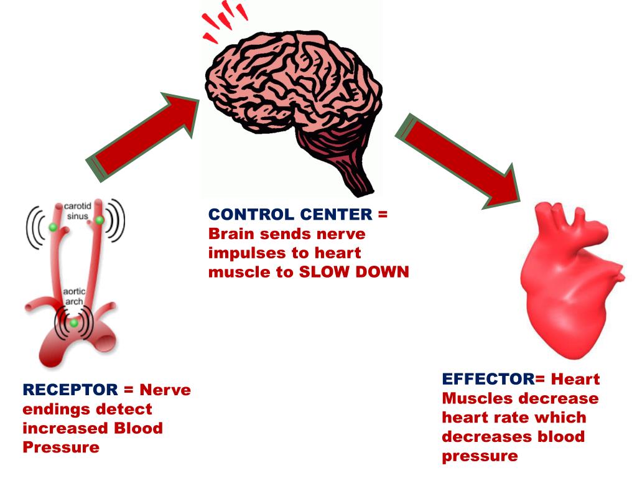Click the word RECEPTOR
coord(70,390)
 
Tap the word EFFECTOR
coord(488,379)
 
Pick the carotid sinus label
coord(78,210)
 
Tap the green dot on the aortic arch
coord(74,322)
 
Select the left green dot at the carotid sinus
coord(53,228)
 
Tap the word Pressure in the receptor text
coord(61,447)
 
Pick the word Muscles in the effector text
coord(480,398)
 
